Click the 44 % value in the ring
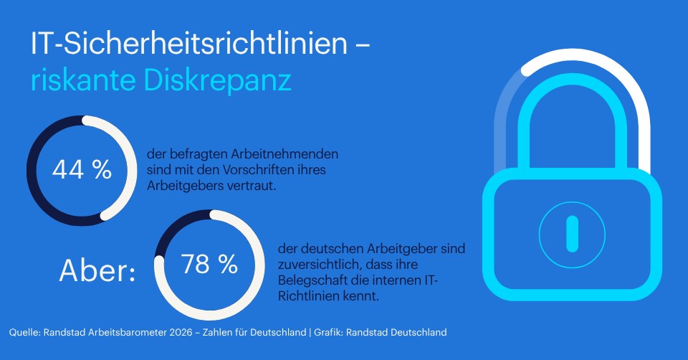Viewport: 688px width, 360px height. point(82,170)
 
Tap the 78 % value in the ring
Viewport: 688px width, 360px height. point(209,265)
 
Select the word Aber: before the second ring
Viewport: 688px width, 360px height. point(97,270)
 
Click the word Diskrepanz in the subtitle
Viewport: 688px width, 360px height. point(217,80)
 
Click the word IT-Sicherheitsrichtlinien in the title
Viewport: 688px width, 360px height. point(189,43)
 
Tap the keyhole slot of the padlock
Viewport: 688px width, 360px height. point(572,234)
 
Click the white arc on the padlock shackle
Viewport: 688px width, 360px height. point(632,97)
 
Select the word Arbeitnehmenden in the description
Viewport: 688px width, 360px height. point(285,154)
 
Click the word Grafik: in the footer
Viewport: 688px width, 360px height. point(328,332)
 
